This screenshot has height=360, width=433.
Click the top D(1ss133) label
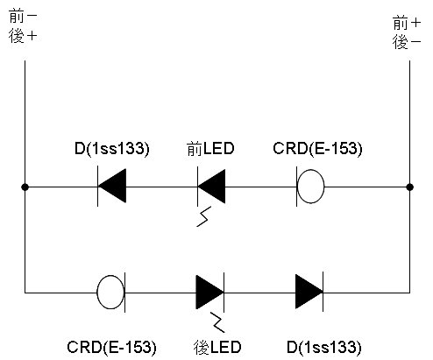[x=112, y=148]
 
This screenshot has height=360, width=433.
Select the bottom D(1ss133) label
[x=324, y=347]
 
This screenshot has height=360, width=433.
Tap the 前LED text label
[x=210, y=149]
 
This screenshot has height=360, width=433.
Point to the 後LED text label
[x=217, y=348]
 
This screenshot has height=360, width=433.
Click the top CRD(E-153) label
[x=317, y=148]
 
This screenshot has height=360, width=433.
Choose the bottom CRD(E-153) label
[x=111, y=347]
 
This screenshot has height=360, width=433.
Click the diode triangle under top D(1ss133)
[x=112, y=186]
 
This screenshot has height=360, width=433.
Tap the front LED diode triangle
[x=212, y=187]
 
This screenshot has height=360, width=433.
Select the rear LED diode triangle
[x=209, y=292]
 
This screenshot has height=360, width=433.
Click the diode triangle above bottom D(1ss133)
[x=309, y=292]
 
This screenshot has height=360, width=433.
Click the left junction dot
[x=25, y=187]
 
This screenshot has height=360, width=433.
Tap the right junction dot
[x=409, y=187]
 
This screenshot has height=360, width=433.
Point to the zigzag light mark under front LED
[x=204, y=216]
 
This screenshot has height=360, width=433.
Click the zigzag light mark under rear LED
[x=217, y=322]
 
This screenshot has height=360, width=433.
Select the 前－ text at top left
[x=23, y=17]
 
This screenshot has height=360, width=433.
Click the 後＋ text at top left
[x=23, y=36]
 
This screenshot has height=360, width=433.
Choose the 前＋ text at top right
[x=407, y=23]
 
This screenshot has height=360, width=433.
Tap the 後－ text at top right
[x=407, y=42]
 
